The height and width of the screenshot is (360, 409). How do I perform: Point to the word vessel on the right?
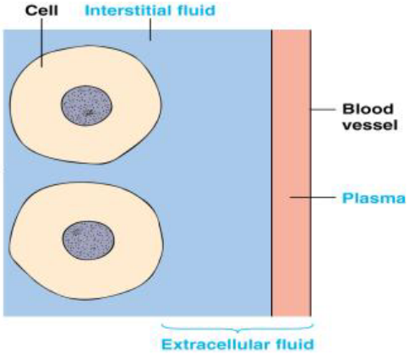[x=362, y=128]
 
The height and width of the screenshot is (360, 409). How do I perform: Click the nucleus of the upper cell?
[x=87, y=106]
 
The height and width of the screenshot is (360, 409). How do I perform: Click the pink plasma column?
[x=291, y=254]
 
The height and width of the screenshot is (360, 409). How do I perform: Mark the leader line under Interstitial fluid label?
[x=150, y=31]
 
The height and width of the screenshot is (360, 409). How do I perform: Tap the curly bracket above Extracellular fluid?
[x=237, y=328]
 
